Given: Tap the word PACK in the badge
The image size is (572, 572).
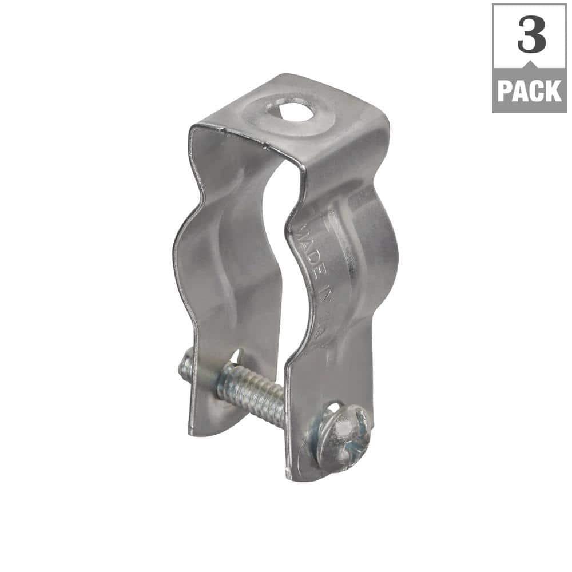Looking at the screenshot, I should [x=529, y=91].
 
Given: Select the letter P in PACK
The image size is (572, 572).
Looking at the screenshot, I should [x=506, y=91].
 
